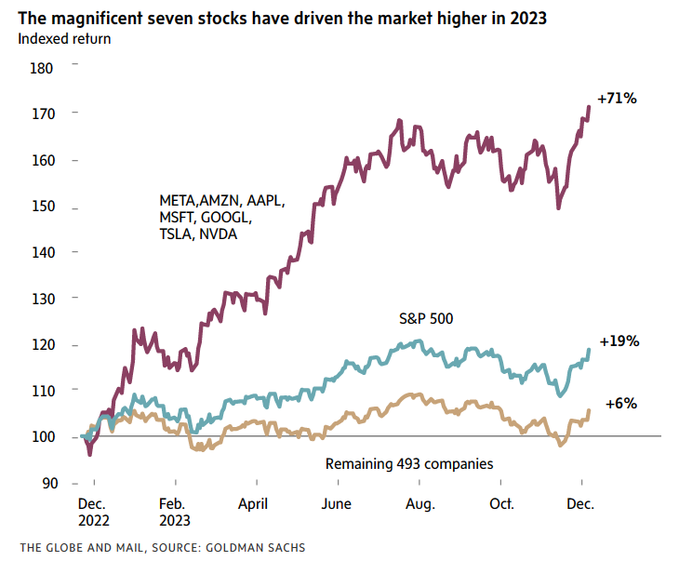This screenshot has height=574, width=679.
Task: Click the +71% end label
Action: click(617, 98)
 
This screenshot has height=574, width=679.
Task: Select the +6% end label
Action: click(620, 404)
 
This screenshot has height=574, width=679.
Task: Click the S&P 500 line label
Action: click(424, 319)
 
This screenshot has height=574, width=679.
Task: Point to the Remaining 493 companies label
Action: click(408, 463)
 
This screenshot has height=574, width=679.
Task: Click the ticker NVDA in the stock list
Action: click(219, 234)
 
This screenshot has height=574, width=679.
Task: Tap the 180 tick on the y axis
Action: click(43, 68)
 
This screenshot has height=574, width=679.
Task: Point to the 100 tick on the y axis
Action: click(43, 437)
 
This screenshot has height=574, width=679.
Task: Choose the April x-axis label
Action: click(253, 503)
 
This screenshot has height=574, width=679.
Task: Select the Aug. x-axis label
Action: click(420, 503)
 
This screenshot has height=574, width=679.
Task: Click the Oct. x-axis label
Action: click(502, 503)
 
